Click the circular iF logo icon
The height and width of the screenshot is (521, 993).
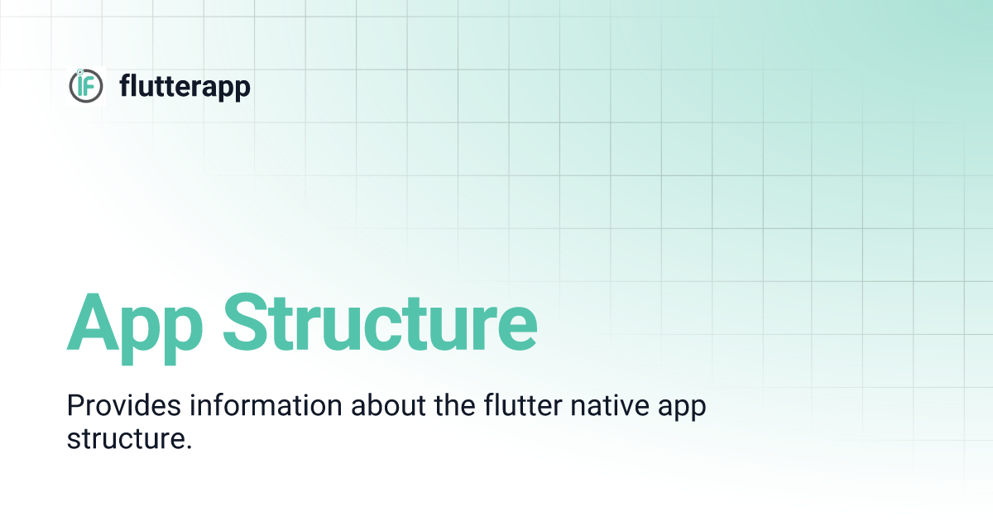(x=86, y=85)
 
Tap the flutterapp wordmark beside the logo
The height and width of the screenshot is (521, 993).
(x=185, y=85)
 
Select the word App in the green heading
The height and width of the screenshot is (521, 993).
(x=136, y=323)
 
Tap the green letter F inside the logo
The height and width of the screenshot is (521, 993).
(x=90, y=86)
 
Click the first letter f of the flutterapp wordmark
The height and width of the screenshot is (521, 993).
(x=125, y=85)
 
